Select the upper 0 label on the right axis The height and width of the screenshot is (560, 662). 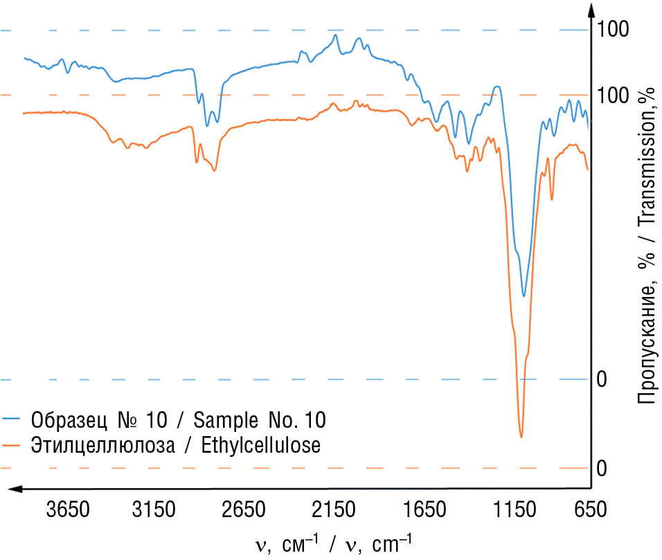point(602,380)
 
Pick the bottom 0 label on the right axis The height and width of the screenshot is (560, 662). point(602,469)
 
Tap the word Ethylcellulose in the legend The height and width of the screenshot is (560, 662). point(261,445)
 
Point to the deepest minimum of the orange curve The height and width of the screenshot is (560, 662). point(521,437)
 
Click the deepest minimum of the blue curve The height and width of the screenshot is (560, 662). point(524,296)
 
